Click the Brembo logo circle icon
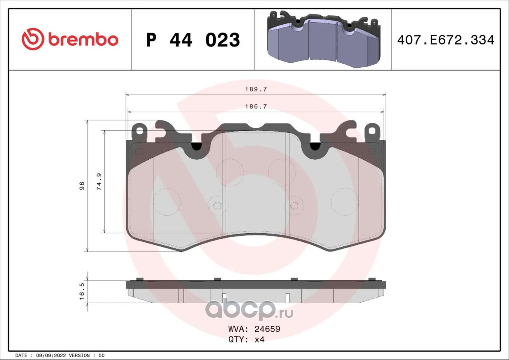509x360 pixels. tap(33, 39)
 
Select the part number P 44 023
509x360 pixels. tap(193, 40)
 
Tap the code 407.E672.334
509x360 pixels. tap(446, 40)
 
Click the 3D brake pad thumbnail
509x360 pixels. tap(324, 39)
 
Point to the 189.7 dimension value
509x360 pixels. tap(256, 89)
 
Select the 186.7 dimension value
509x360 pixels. tap(256, 106)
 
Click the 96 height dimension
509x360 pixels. tap(82, 186)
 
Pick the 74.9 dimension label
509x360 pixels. tap(99, 182)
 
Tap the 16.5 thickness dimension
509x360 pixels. tap(82, 291)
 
